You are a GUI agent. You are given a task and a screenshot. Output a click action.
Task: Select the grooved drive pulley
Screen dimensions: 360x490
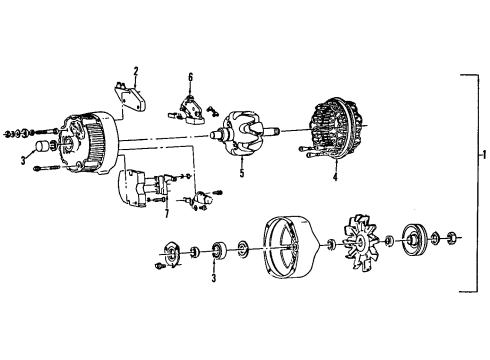(412, 263)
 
